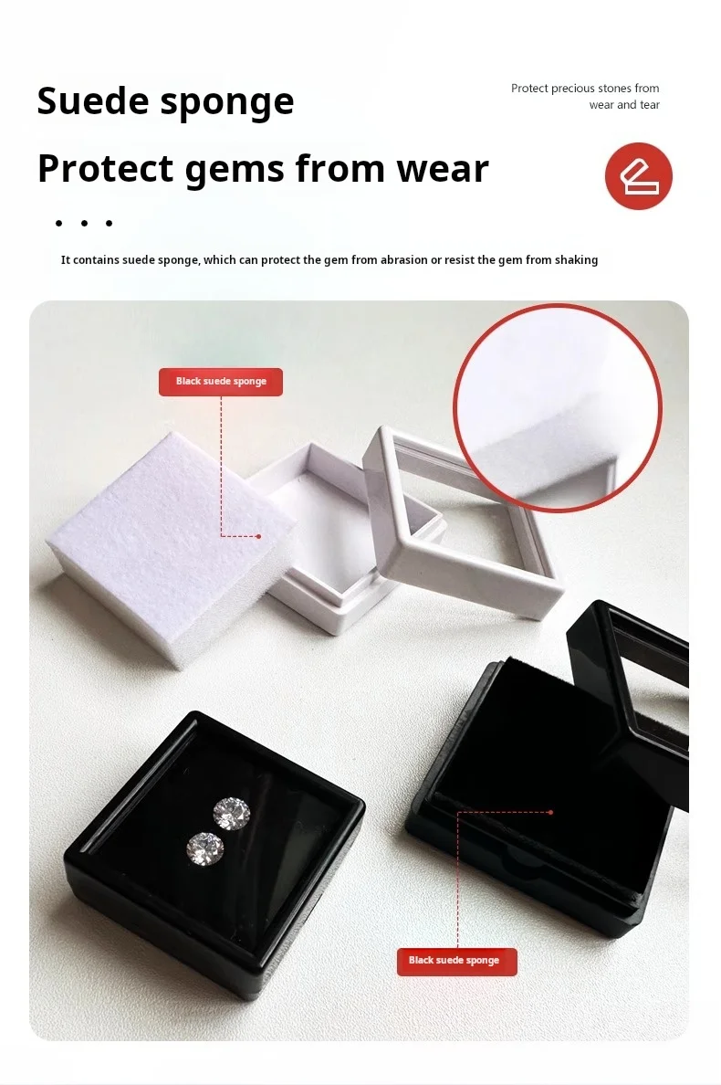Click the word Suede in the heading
(x=92, y=100)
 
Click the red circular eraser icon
(x=638, y=175)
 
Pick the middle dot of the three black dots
(x=84, y=223)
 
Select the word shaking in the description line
(x=575, y=260)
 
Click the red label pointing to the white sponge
(x=221, y=381)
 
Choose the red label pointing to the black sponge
(x=457, y=961)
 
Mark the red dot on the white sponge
(x=258, y=536)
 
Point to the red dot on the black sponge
(x=550, y=812)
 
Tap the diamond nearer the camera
(x=205, y=847)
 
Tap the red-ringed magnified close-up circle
(x=557, y=407)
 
